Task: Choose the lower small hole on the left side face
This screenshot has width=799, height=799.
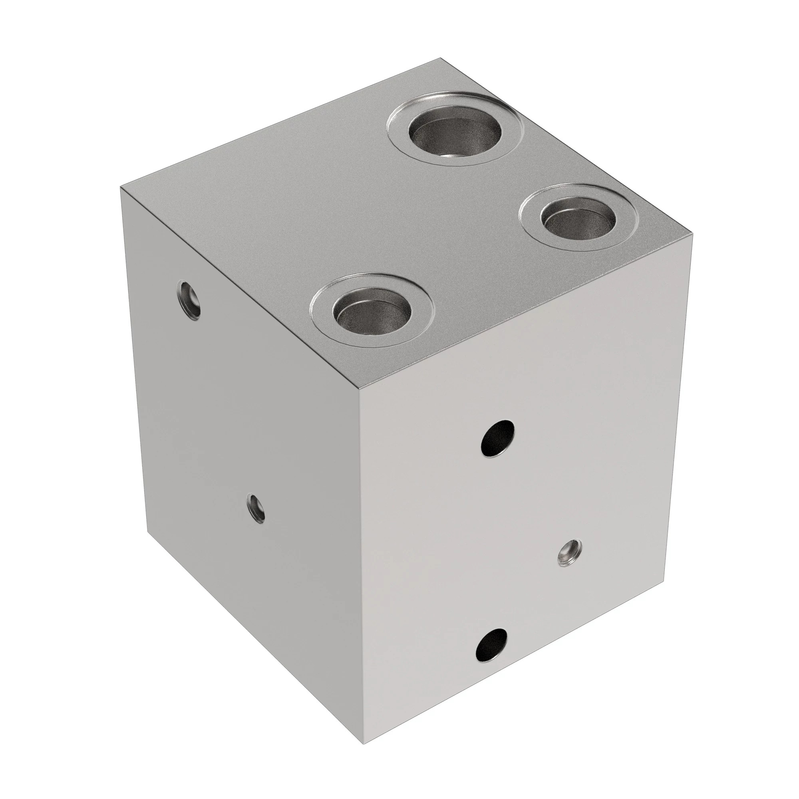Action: coord(256,509)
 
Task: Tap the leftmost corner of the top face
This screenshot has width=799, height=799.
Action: coord(120,187)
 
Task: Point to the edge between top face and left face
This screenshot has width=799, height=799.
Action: coord(240,288)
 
